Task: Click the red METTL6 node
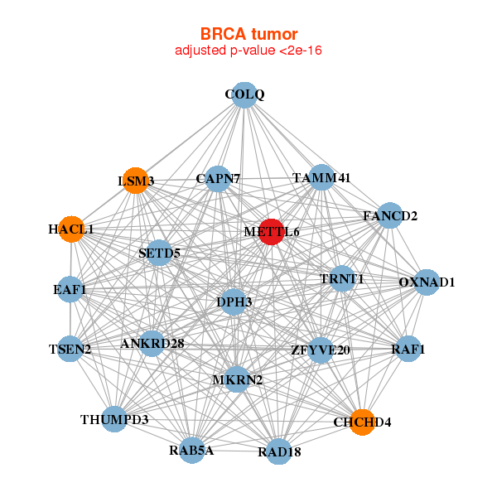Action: pyautogui.click(x=272, y=232)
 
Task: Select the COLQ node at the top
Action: pyautogui.click(x=244, y=95)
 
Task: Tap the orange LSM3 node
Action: pyautogui.click(x=135, y=181)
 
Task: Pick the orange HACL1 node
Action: pyautogui.click(x=71, y=229)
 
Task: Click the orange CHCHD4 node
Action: pyautogui.click(x=362, y=422)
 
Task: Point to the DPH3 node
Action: pyautogui.click(x=234, y=302)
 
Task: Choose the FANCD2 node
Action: pyautogui.click(x=390, y=215)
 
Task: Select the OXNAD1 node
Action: pyautogui.click(x=427, y=282)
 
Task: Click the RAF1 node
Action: pyautogui.click(x=408, y=349)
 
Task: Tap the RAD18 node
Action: pyautogui.click(x=278, y=451)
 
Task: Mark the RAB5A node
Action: pyautogui.click(x=192, y=450)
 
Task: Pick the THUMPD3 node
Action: pyautogui.click(x=114, y=419)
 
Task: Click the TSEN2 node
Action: pyautogui.click(x=70, y=349)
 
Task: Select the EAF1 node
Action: pyautogui.click(x=70, y=289)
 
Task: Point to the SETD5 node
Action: pyautogui.click(x=159, y=253)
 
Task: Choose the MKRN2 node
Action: pyautogui.click(x=237, y=379)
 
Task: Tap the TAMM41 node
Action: pyautogui.click(x=321, y=177)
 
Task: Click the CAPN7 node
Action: pyautogui.click(x=218, y=179)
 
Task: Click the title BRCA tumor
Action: pyautogui.click(x=248, y=34)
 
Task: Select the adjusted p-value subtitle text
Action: pyautogui.click(x=248, y=51)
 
